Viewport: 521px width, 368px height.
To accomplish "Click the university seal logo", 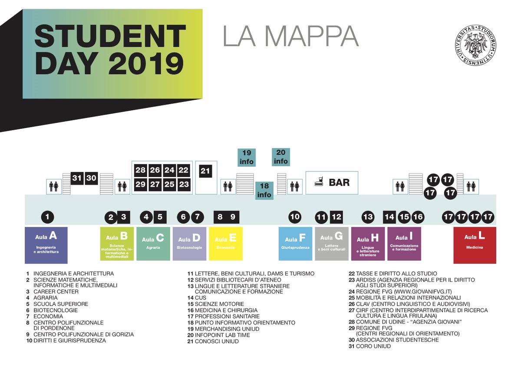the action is coord(476,45).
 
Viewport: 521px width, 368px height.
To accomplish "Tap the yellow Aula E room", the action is coord(225,243).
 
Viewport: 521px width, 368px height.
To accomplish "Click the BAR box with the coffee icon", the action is coord(333,182).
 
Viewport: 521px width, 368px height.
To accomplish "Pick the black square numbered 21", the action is coord(205,171).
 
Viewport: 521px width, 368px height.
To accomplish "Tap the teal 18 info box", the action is coord(264,191).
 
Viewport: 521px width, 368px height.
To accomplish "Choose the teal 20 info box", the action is coord(281,157).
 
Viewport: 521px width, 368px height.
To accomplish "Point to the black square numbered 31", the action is coord(77,178).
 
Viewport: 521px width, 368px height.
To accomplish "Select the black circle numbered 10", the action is coord(295,217).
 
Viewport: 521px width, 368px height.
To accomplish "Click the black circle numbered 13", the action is coord(368,217).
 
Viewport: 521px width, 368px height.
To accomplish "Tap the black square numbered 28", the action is coord(140,170).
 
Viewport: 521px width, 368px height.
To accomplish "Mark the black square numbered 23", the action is coord(184,184).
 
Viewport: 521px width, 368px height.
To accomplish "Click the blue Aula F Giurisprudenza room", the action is coord(295,243).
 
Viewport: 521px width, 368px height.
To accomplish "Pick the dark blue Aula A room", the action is coord(46,245).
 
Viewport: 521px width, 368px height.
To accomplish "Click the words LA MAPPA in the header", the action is coord(290,36).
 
